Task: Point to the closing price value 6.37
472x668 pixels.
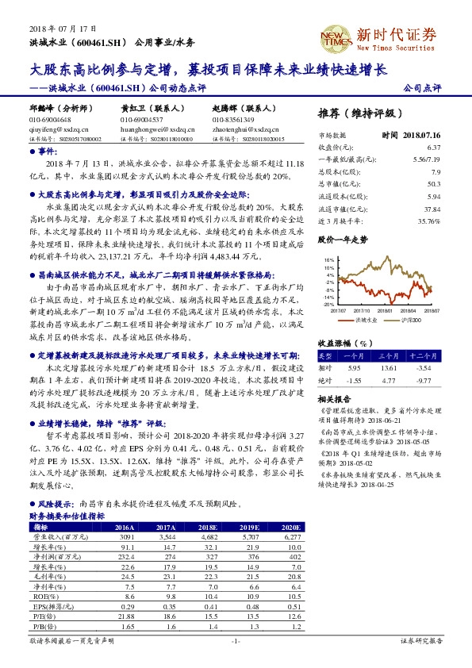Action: tap(432, 148)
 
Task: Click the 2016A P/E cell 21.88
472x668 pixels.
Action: tap(124, 616)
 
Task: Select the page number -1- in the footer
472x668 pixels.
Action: tap(236, 640)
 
